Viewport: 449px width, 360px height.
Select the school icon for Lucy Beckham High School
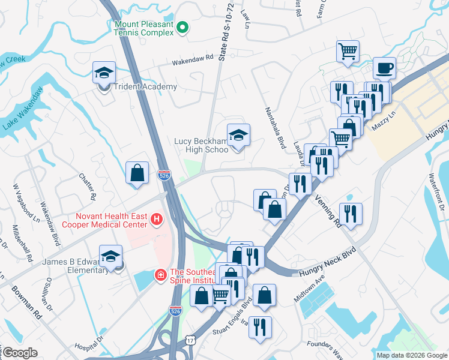238,134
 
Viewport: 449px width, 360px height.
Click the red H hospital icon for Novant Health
157,220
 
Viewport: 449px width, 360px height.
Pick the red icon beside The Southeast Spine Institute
160,275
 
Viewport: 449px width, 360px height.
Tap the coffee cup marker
384,68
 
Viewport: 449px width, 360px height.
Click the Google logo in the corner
20,353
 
